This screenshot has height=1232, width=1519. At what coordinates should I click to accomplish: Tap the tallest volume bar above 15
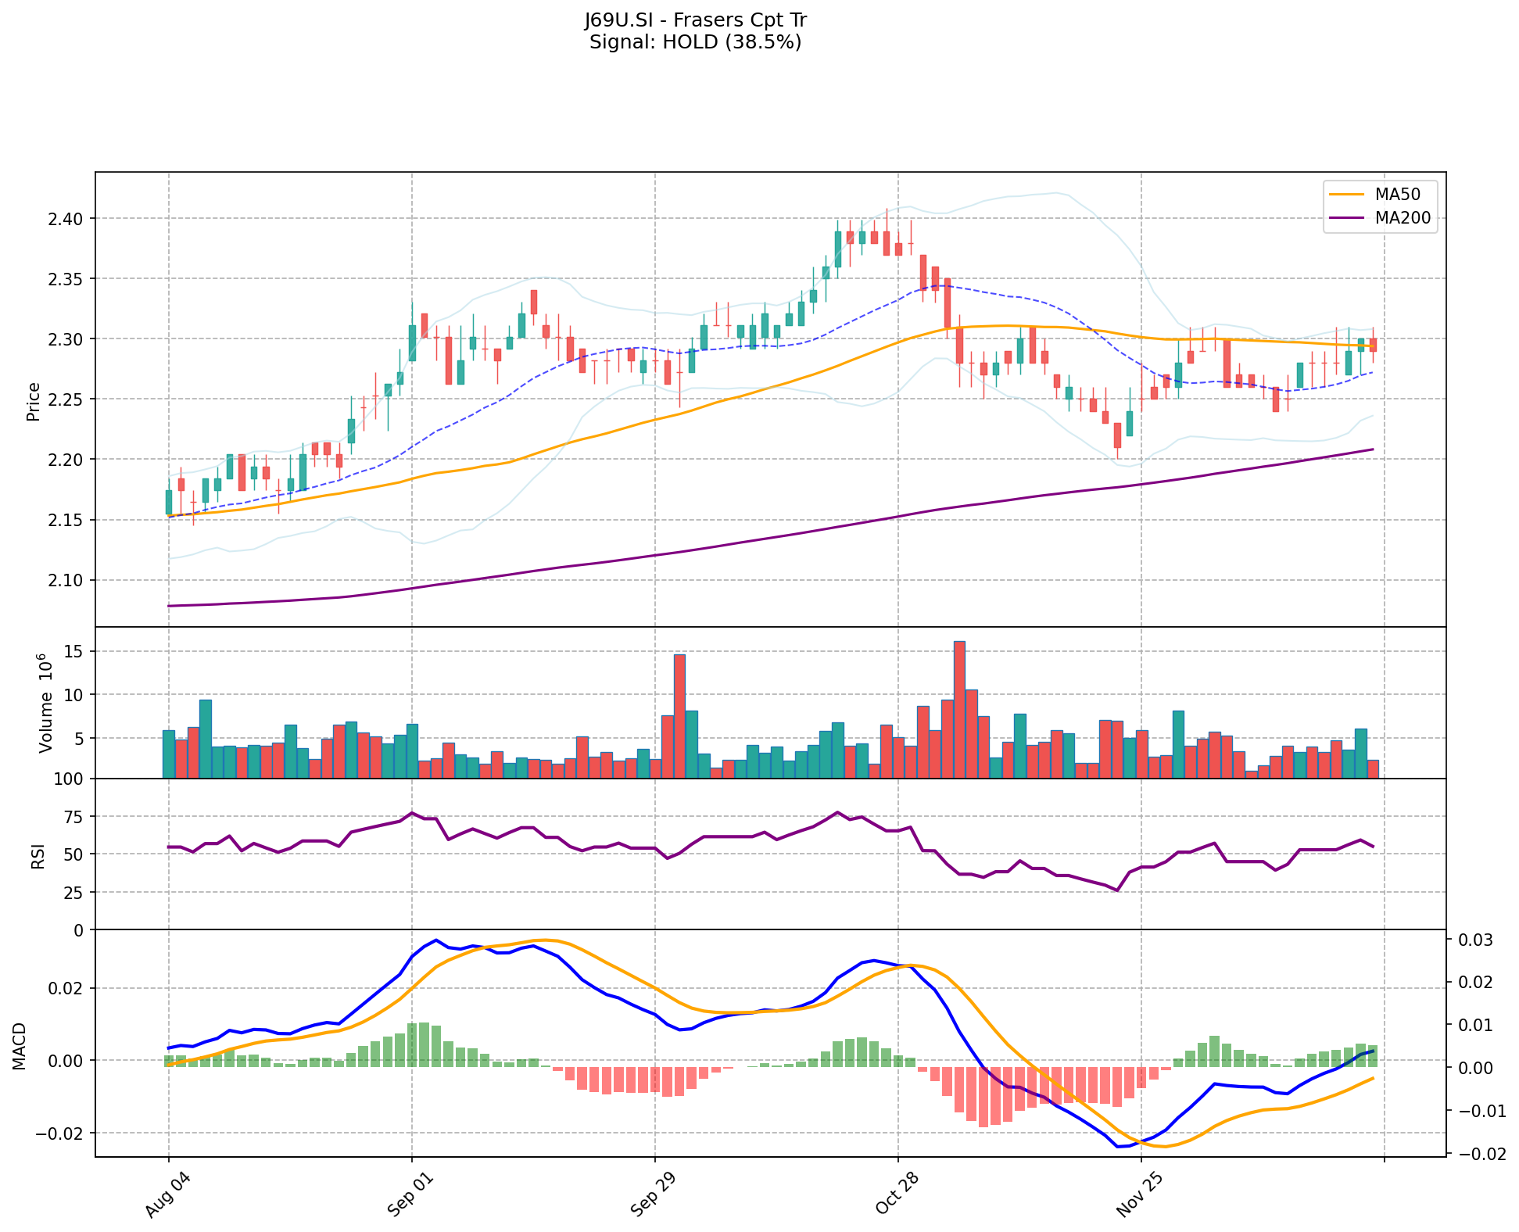coord(959,709)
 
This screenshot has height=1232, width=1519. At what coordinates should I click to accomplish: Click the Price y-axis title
coord(34,402)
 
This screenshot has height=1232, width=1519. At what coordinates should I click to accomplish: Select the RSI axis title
coord(38,855)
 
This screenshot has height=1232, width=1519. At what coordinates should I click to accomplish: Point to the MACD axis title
coord(20,1046)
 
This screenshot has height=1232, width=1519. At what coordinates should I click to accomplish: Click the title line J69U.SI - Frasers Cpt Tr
coord(695,20)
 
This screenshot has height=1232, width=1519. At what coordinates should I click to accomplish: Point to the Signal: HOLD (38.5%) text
coord(695,42)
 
